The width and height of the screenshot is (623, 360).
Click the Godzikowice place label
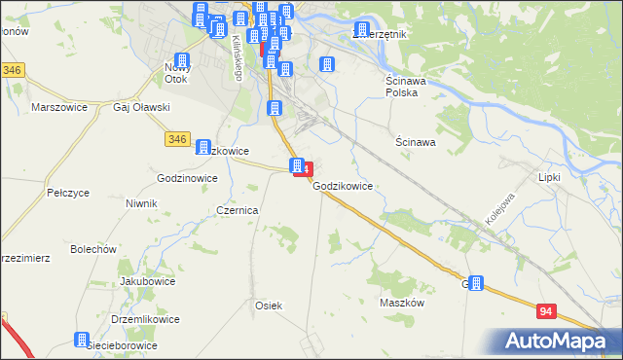(344, 185)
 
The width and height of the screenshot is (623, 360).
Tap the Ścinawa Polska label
(400, 87)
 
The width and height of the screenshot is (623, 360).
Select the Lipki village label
(550, 177)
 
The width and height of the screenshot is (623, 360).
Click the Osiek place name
(268, 306)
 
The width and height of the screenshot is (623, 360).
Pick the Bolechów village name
(93, 249)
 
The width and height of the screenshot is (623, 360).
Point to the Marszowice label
(55, 107)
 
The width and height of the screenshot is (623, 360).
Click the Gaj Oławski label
(142, 107)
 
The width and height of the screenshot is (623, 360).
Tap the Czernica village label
(238, 210)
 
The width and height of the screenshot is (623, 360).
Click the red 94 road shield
(547, 309)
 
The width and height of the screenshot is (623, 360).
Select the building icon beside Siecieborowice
(82, 340)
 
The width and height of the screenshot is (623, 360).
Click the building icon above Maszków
(476, 283)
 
